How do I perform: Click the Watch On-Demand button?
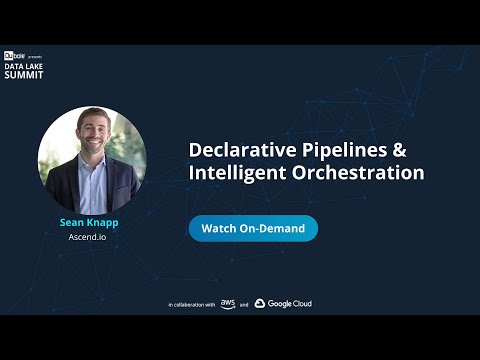(x=253, y=228)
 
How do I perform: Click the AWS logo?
(x=228, y=303)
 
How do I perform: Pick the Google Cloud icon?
(x=260, y=303)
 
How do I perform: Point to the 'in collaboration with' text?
(x=191, y=304)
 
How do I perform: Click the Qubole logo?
(x=14, y=55)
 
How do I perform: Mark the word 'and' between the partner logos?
(x=244, y=304)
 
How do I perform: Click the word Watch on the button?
(x=219, y=228)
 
